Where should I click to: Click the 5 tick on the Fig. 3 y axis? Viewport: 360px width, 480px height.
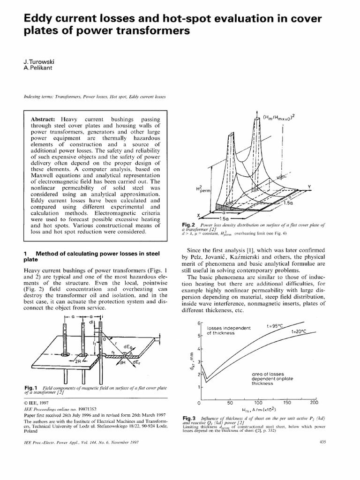[x=199, y=336]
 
